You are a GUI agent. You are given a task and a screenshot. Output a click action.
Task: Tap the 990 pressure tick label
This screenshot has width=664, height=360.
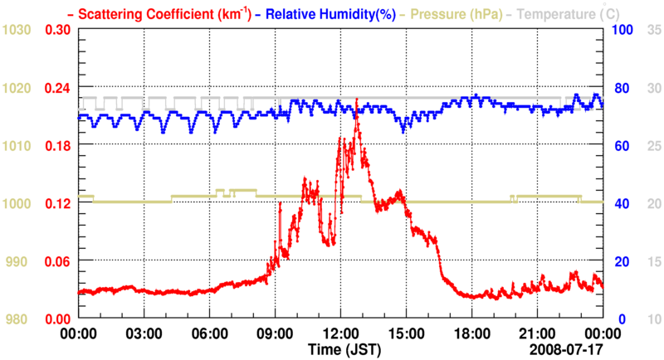[x=20, y=261]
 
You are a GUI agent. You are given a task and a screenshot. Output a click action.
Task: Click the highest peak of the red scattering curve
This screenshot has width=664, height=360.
[x=356, y=100]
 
